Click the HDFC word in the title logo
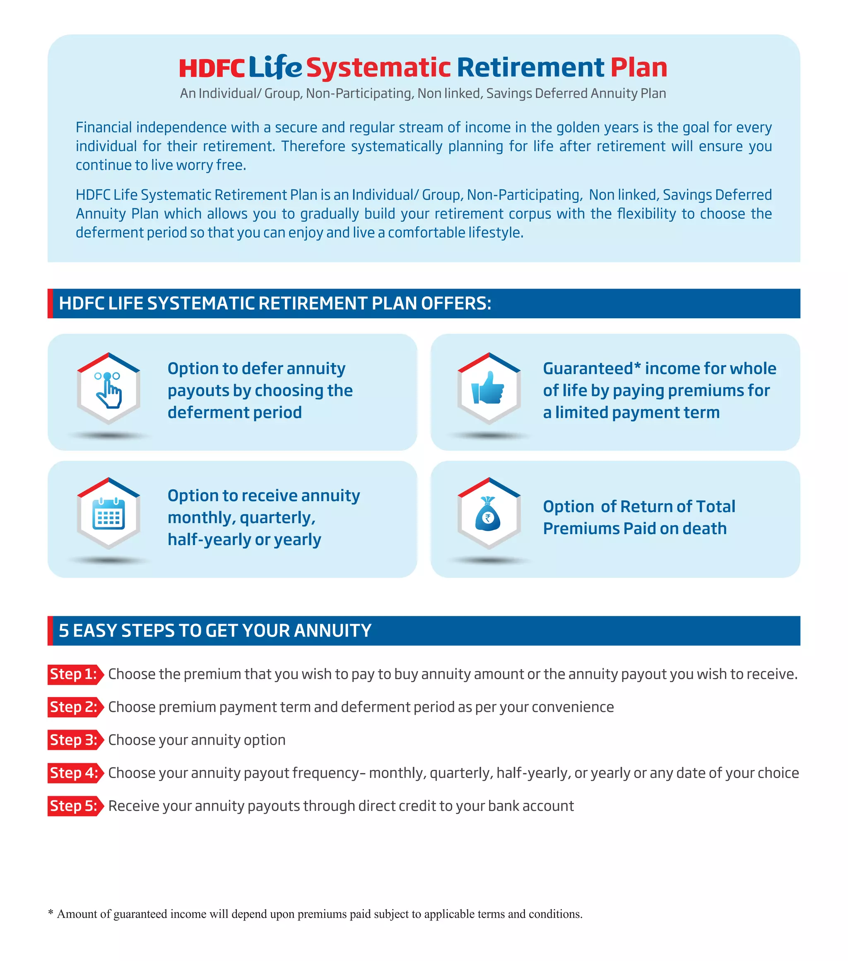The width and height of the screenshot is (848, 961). (212, 69)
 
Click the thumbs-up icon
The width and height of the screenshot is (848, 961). (489, 388)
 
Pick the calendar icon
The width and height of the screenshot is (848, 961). (108, 514)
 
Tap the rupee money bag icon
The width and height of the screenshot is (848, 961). (488, 514)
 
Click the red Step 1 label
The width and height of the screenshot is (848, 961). (74, 674)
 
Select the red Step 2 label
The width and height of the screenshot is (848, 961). (74, 707)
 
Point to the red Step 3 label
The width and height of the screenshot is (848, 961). (74, 740)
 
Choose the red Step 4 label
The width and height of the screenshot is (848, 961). (74, 773)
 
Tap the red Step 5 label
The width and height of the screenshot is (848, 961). (74, 806)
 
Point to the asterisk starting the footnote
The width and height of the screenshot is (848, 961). (51, 913)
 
